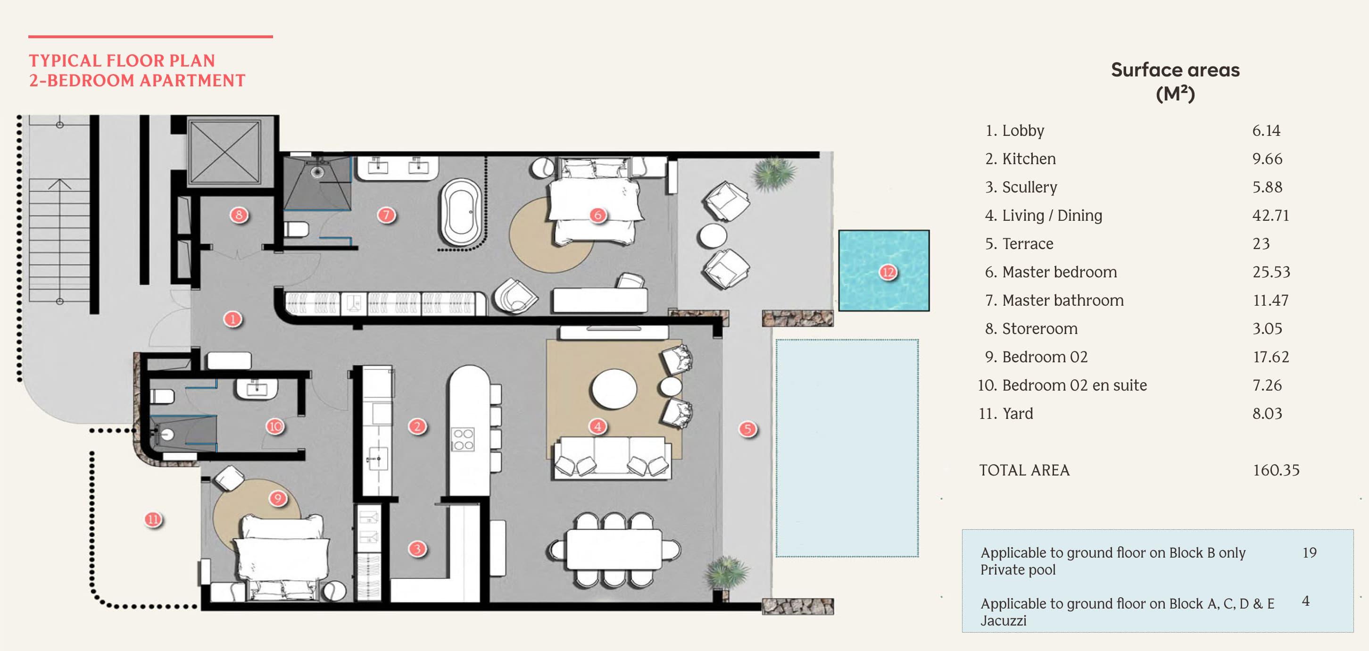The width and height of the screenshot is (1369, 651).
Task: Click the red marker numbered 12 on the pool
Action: pos(888,273)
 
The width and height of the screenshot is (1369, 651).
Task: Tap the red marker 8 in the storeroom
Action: pos(239,215)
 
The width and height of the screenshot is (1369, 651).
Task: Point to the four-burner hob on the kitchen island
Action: pos(462,440)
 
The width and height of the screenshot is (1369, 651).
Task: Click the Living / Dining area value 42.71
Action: pos(1270,215)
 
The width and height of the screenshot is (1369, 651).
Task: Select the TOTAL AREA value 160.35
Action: pos(1276,470)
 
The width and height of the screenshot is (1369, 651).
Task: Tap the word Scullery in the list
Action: pos(1029,187)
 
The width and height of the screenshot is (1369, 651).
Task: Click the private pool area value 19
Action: pos(1309,553)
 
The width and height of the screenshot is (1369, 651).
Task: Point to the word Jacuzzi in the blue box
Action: pos(1003,620)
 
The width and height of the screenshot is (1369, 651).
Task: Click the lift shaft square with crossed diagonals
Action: pos(224,151)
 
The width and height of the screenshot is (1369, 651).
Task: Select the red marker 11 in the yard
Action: pos(153,519)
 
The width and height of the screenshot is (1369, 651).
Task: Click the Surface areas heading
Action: pos(1175,70)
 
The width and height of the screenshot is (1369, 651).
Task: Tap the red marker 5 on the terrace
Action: pos(747,429)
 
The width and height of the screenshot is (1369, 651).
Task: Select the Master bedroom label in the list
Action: pos(1059,272)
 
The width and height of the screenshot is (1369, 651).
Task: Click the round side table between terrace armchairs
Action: pos(712,235)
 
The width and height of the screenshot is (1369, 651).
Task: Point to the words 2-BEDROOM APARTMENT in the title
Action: pos(137,81)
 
